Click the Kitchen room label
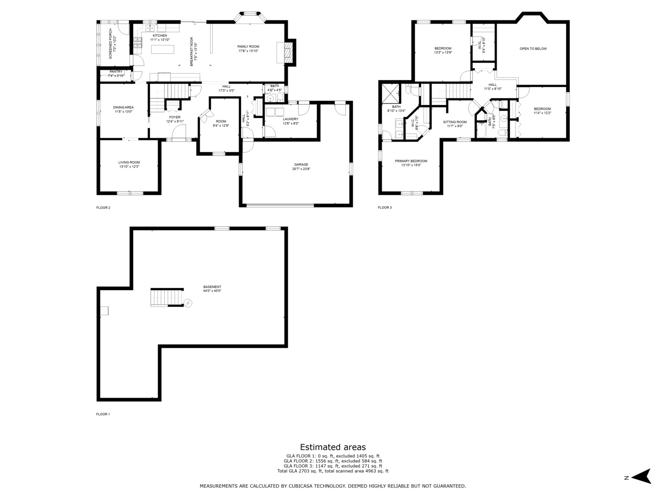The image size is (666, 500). tap(160, 36)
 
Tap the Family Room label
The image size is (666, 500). tap(248, 47)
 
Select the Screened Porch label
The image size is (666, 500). tap(111, 44)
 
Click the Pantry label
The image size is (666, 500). tap(116, 72)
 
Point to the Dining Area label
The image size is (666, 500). tap(123, 107)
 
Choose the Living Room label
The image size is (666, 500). tap(129, 162)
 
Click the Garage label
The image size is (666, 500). tap(301, 165)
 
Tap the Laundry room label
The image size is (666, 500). tap(291, 119)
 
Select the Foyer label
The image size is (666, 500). tap(175, 118)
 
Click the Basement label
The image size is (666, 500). tap(212, 287)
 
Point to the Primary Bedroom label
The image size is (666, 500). tap(411, 161)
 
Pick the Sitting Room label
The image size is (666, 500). tap(455, 122)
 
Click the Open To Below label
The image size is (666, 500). tap(533, 49)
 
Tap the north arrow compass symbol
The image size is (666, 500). tap(642, 476)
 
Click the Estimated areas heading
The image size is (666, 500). tap(333, 447)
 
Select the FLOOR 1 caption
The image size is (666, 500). tap(103, 414)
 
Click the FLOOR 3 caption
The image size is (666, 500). tap(385, 208)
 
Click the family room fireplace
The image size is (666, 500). tap(285, 52)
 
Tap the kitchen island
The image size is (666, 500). tap(162, 50)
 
